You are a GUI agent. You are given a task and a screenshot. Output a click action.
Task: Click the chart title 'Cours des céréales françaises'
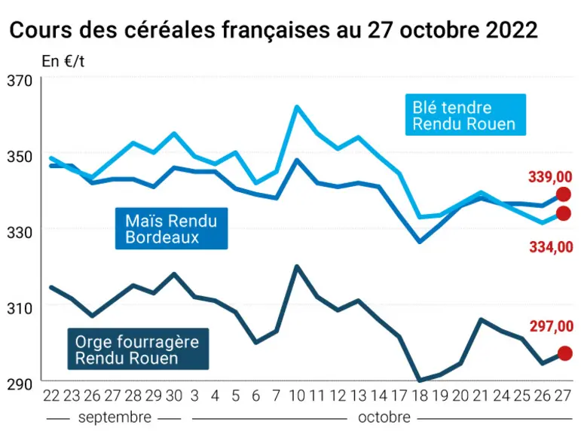click(169, 30)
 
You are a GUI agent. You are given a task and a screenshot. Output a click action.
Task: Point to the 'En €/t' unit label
click(63, 62)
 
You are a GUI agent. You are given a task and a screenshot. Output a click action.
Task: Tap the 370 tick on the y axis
click(20, 81)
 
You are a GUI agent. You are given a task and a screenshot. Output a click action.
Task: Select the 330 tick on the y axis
click(20, 233)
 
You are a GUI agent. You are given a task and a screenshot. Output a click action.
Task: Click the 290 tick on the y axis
click(20, 384)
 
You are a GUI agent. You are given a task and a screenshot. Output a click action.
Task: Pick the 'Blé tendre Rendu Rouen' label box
click(466, 115)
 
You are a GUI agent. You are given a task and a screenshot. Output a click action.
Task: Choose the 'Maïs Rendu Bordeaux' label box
click(172, 228)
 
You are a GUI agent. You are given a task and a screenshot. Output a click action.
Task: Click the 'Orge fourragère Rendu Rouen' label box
click(138, 349)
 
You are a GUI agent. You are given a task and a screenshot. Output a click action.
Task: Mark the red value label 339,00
click(550, 177)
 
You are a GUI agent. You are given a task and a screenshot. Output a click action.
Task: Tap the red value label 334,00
click(551, 247)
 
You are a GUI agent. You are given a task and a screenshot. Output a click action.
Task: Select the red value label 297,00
click(552, 326)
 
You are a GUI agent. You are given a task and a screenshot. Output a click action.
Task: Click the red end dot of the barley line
click(564, 353)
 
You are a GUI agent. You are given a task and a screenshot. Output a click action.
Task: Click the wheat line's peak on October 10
click(297, 107)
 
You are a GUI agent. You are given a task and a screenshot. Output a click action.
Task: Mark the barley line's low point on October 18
click(420, 381)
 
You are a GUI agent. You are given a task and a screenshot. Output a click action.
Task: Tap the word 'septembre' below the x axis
click(115, 417)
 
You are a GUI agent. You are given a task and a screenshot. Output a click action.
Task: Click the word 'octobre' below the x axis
click(384, 417)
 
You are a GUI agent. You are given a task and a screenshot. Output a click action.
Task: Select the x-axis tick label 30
click(174, 396)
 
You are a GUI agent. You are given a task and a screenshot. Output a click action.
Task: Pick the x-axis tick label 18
click(420, 396)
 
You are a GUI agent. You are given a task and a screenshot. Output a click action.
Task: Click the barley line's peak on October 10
click(297, 266)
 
